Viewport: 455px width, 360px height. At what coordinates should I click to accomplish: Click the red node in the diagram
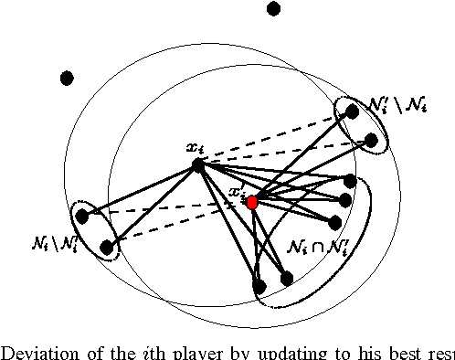point(253,201)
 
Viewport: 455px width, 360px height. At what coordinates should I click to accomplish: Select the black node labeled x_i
point(196,165)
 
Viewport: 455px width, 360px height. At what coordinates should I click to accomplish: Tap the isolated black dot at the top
point(273,9)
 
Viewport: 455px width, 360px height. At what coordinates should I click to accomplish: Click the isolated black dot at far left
point(67,79)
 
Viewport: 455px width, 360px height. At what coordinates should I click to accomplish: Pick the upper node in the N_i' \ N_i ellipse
point(351,111)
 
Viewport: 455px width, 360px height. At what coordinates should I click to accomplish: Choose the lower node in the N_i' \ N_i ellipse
point(371,140)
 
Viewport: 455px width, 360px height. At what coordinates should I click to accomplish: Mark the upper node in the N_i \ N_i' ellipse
point(82,217)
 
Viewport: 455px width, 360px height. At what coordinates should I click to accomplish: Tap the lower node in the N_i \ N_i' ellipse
point(107,246)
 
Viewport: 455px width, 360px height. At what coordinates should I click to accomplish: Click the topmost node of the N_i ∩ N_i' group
point(350,181)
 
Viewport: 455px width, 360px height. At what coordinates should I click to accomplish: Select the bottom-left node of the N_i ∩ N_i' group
point(259,286)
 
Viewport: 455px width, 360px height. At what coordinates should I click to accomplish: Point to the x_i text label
point(193,147)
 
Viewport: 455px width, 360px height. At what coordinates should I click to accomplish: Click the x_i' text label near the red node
point(238,193)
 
